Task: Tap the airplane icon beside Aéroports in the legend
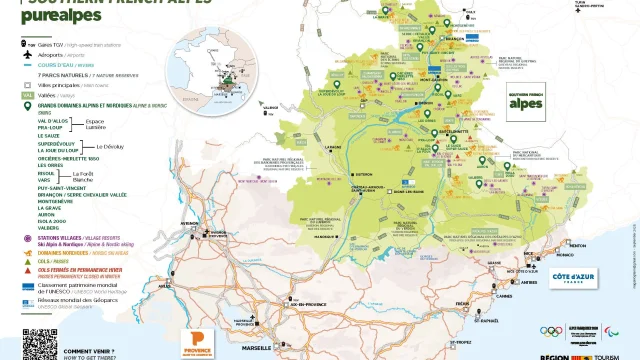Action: pos(30,57)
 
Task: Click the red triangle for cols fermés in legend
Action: pos(30,270)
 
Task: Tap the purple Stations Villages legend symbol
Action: pos(30,238)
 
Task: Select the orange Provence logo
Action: pos(196,341)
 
